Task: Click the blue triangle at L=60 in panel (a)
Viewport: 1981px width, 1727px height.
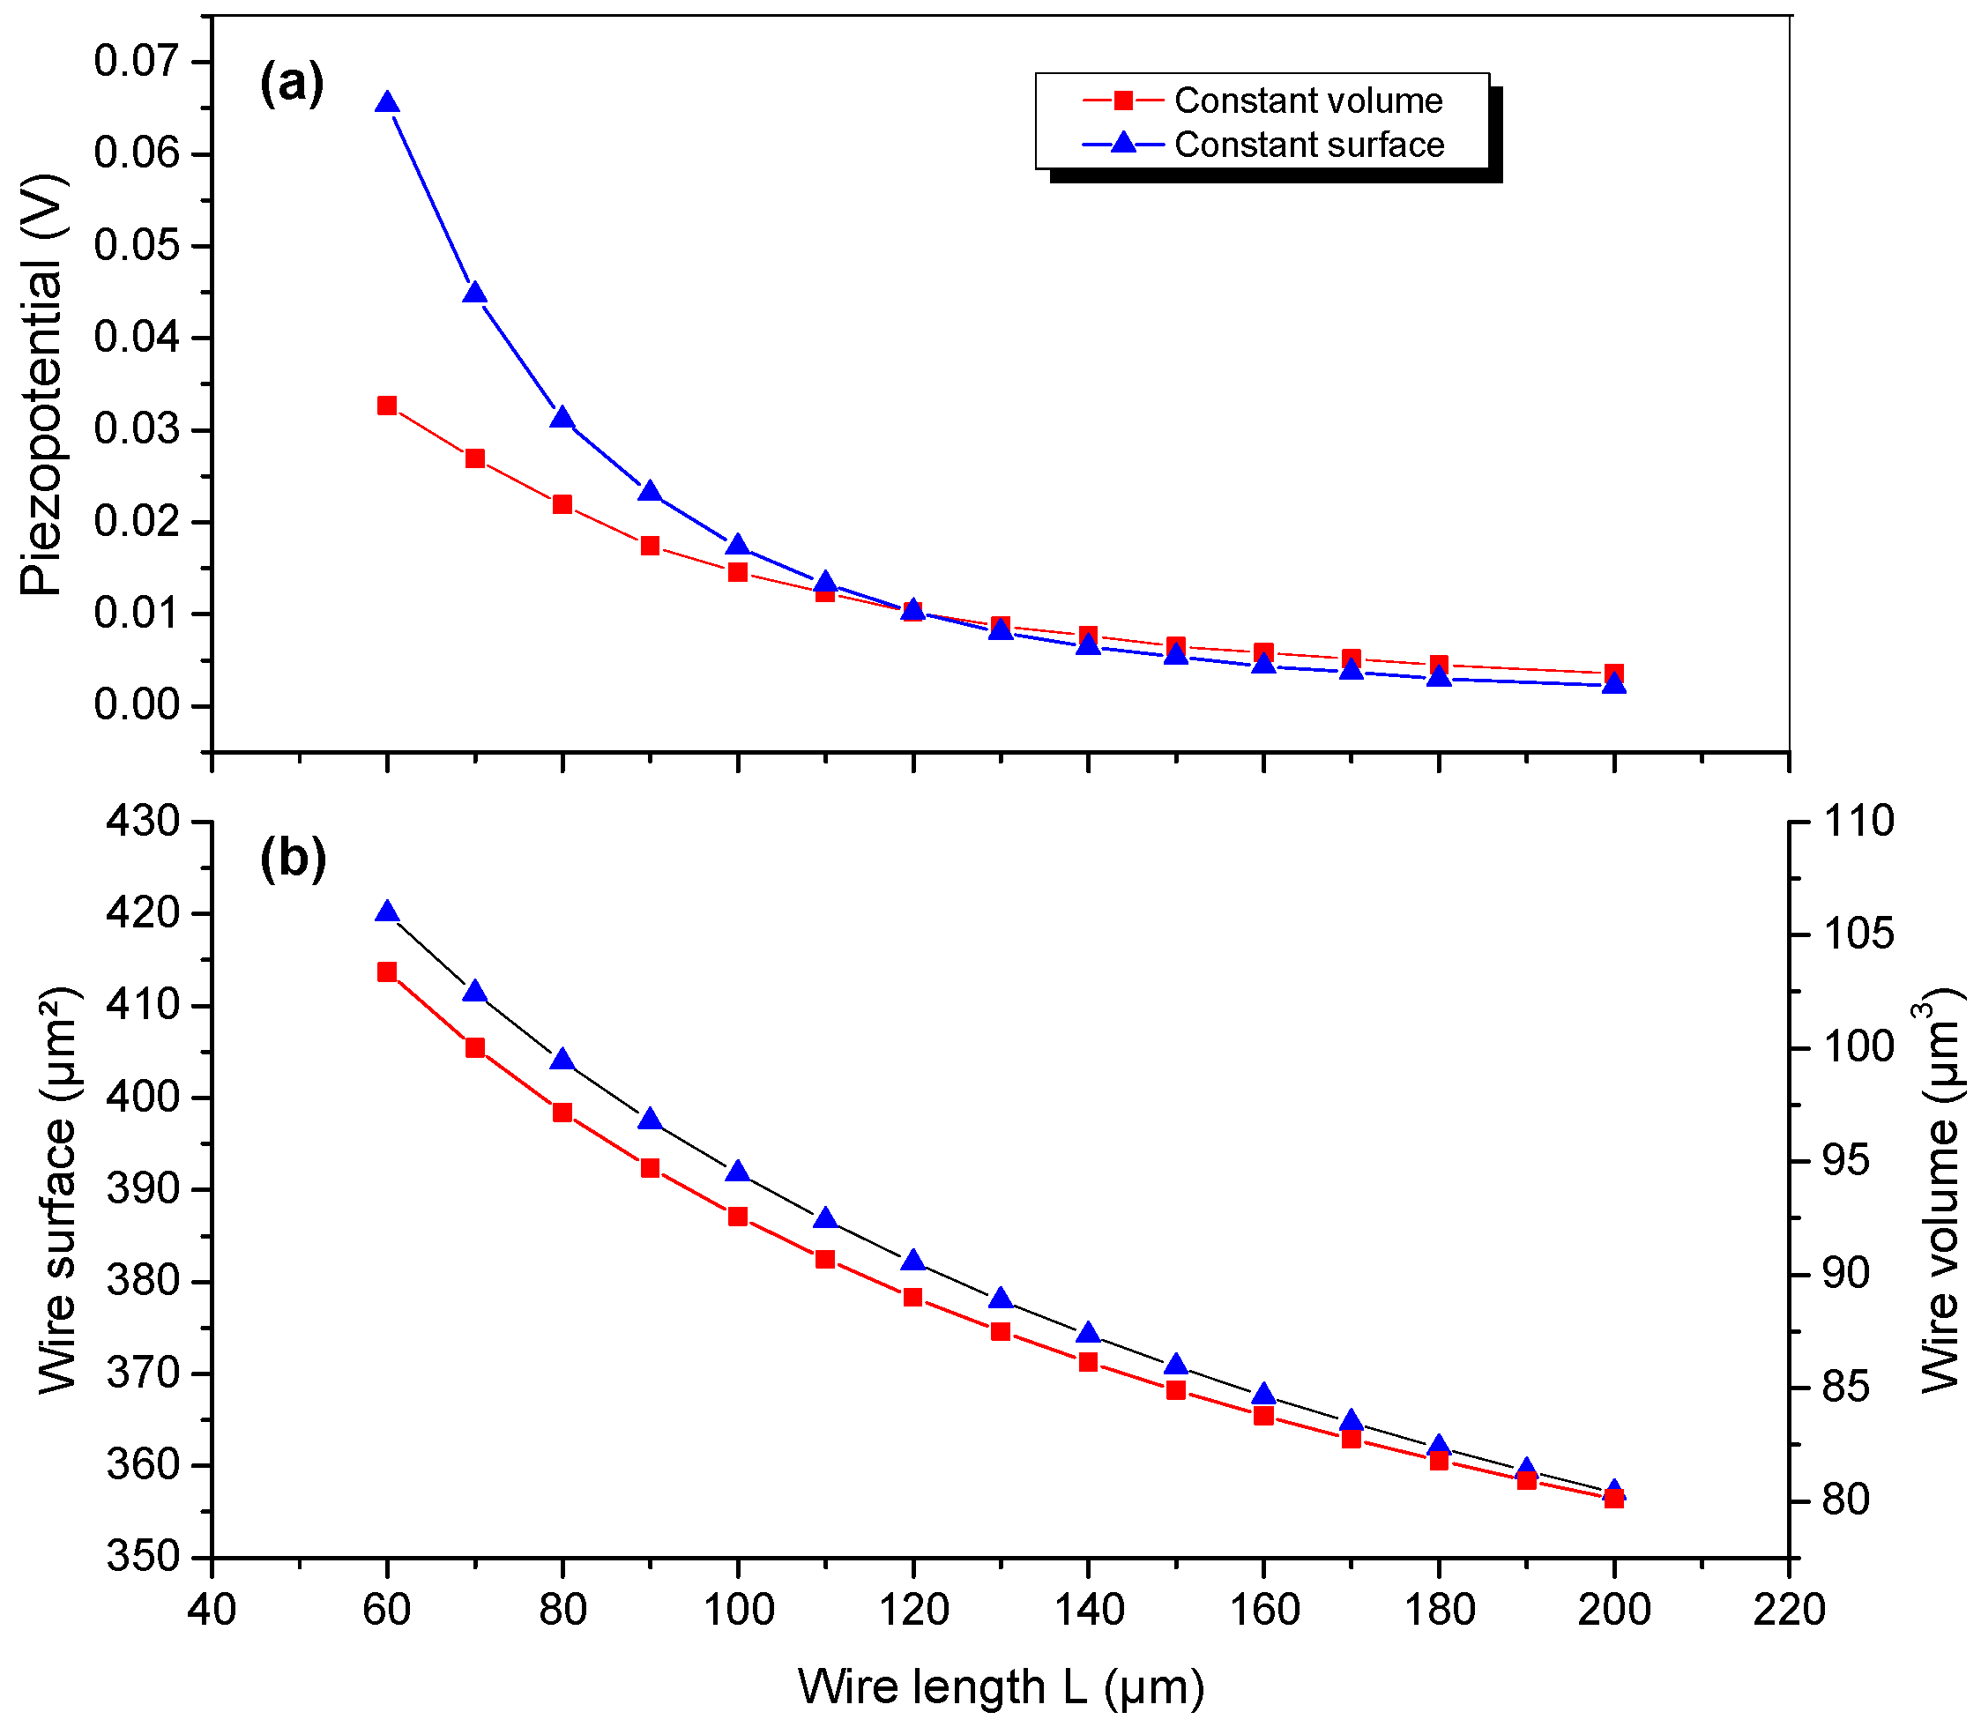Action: point(387,103)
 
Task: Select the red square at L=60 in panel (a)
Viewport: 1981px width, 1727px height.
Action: point(387,406)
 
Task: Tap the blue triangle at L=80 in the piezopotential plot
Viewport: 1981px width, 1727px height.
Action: point(562,418)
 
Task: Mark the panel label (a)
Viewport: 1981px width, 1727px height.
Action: point(292,83)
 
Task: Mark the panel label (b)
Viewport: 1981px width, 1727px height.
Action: point(293,858)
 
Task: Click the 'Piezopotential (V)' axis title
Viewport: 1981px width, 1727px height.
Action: point(43,385)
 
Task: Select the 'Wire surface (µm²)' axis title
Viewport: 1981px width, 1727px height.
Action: point(58,1191)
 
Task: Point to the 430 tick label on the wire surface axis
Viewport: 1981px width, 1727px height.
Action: point(144,821)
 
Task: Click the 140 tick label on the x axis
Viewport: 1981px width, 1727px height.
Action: point(1089,1610)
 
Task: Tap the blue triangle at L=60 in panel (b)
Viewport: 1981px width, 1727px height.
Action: point(387,912)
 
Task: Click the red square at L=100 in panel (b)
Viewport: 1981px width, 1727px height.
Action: point(738,1217)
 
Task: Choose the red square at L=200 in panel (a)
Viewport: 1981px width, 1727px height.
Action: point(1614,674)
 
